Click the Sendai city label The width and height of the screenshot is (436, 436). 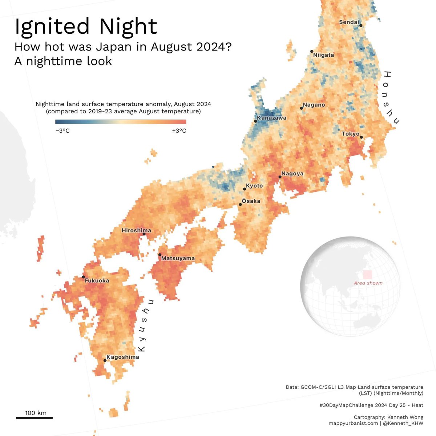click(x=349, y=22)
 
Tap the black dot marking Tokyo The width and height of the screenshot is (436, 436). click(x=361, y=137)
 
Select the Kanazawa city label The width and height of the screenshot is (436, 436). click(x=272, y=118)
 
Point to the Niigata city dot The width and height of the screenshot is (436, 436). click(x=312, y=51)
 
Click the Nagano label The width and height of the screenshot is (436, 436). click(x=314, y=105)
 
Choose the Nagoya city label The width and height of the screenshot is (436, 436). click(x=292, y=174)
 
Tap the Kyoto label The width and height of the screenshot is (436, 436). click(x=254, y=186)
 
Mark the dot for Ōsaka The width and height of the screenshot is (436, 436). click(x=240, y=205)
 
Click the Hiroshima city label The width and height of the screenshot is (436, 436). click(x=136, y=230)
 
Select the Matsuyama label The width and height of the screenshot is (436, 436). click(x=178, y=258)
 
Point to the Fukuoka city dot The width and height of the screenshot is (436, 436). click(x=84, y=277)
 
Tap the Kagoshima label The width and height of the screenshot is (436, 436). click(x=123, y=357)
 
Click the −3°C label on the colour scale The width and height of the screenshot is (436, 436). click(x=62, y=131)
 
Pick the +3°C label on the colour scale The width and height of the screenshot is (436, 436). click(x=179, y=131)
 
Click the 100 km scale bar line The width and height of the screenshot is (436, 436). click(x=35, y=418)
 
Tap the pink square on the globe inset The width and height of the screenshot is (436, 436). click(x=368, y=275)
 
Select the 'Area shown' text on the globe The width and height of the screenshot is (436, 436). click(x=368, y=283)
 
